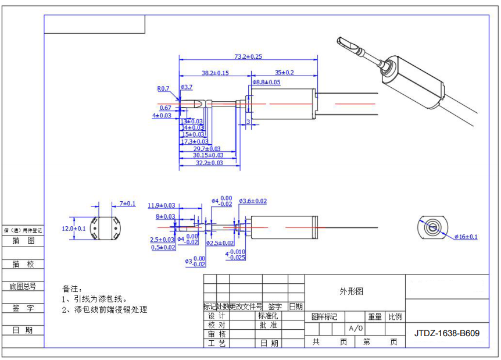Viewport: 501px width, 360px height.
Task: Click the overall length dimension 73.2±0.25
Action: pyautogui.click(x=248, y=56)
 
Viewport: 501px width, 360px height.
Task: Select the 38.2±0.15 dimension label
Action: pyautogui.click(x=215, y=73)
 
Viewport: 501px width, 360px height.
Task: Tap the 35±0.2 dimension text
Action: pyautogui.click(x=284, y=73)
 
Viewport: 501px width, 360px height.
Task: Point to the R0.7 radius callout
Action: pyautogui.click(x=163, y=89)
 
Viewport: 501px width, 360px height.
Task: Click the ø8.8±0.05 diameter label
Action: pyautogui.click(x=266, y=83)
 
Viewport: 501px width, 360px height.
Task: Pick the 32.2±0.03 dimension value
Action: pyautogui.click(x=209, y=163)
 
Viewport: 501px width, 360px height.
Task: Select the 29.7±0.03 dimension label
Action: pyautogui.click(x=207, y=149)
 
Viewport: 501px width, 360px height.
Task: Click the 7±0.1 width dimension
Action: pyautogui.click(x=127, y=204)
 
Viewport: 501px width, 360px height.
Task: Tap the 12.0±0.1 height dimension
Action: pyautogui.click(x=74, y=229)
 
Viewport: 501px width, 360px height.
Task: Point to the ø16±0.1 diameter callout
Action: pyautogui.click(x=466, y=237)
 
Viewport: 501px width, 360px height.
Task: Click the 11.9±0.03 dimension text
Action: pyautogui.click(x=162, y=205)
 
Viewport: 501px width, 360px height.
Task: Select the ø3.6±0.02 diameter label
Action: pyautogui.click(x=253, y=201)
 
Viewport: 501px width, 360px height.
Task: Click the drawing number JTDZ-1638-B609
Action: pyautogui.click(x=447, y=333)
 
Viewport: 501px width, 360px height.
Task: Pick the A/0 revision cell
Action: pyautogui.click(x=356, y=329)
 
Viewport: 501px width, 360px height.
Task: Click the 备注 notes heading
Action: pyautogui.click(x=70, y=288)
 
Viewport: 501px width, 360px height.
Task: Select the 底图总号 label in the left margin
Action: pyautogui.click(x=23, y=286)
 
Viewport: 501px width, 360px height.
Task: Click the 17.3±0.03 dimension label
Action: pyautogui.click(x=195, y=141)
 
